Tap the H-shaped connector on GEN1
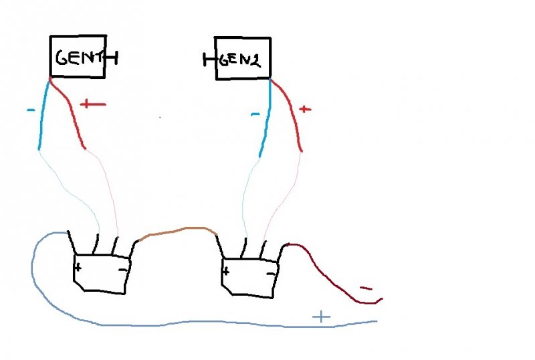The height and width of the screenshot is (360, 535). point(112,58)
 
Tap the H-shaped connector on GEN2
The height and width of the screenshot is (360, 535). point(209,60)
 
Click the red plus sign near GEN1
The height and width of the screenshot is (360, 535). point(93,104)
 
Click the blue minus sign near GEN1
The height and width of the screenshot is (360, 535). point(31,110)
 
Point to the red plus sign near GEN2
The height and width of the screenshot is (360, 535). point(305,109)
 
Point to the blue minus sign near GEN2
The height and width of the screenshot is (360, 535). point(255,114)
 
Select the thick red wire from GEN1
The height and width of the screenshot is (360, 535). point(71,108)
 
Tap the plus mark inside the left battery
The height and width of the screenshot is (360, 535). point(78,268)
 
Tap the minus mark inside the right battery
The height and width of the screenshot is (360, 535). point(270,274)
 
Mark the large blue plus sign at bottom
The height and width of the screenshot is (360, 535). point(321,317)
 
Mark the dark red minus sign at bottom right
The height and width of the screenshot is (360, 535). point(366,288)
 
